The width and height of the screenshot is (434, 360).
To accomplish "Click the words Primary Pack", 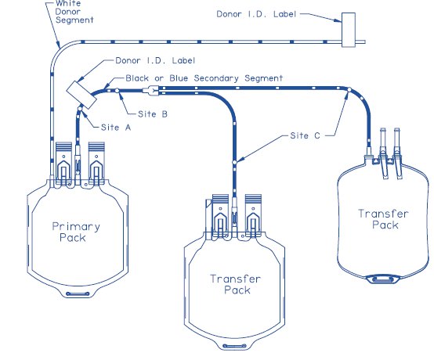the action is tap(76, 232).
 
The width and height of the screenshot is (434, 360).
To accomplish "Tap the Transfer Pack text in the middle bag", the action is tap(235, 284).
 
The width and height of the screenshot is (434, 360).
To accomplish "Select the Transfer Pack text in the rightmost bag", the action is tap(383, 219).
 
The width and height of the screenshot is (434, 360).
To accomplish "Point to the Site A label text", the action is tap(116, 128).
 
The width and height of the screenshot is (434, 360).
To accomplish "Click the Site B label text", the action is tap(153, 114).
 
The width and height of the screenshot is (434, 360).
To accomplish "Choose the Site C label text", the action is tap(305, 135).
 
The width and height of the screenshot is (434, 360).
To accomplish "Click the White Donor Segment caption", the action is tap(74, 12).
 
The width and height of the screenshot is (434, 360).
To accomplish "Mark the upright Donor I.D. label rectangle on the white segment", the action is tap(349, 30).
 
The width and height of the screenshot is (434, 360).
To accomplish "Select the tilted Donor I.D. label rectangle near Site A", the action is tap(81, 95).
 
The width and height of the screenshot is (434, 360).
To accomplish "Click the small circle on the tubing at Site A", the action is tap(80, 109).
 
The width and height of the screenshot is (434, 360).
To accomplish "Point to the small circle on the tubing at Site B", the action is tap(117, 91).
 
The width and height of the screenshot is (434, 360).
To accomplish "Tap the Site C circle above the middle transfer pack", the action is tap(234, 162).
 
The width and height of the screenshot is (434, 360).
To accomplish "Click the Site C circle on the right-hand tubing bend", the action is tap(349, 89).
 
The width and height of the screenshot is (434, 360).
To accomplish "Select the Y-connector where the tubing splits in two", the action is tap(151, 91).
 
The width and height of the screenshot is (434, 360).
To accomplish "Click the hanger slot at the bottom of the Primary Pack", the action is tap(78, 293).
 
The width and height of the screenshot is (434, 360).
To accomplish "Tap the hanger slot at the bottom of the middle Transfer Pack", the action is tap(234, 346).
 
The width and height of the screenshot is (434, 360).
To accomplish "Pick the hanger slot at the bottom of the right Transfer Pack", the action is tap(383, 279).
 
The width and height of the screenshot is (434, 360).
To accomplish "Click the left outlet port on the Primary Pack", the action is tap(63, 163).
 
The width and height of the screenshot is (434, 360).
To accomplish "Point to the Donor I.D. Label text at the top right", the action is tap(256, 14).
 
